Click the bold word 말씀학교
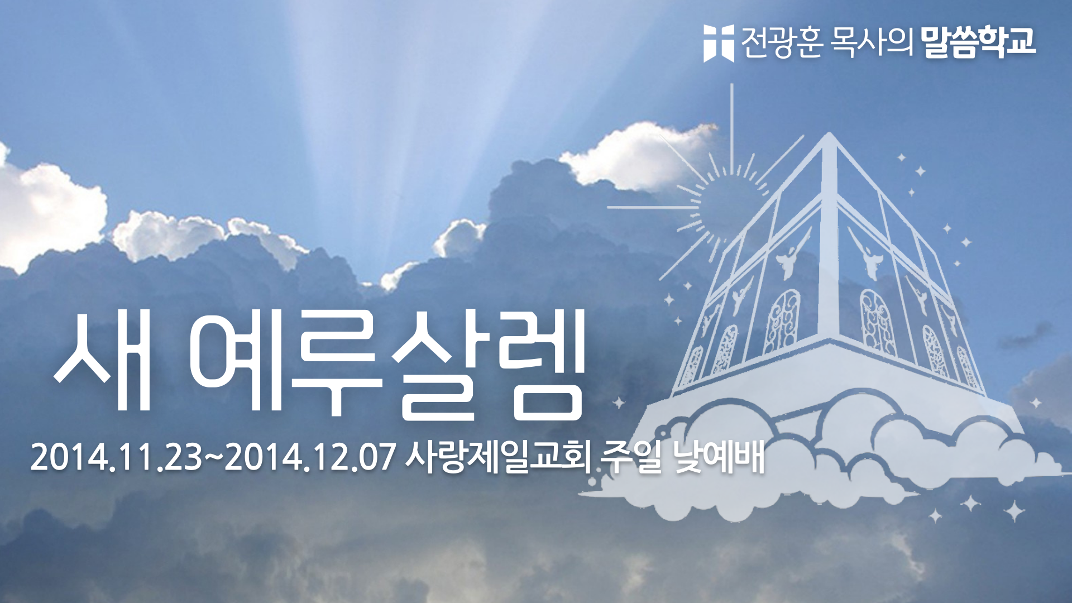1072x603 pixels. click(x=978, y=42)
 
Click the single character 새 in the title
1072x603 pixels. click(x=104, y=362)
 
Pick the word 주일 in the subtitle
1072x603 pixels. click(x=631, y=457)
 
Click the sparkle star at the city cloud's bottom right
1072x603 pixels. click(x=1014, y=510)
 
